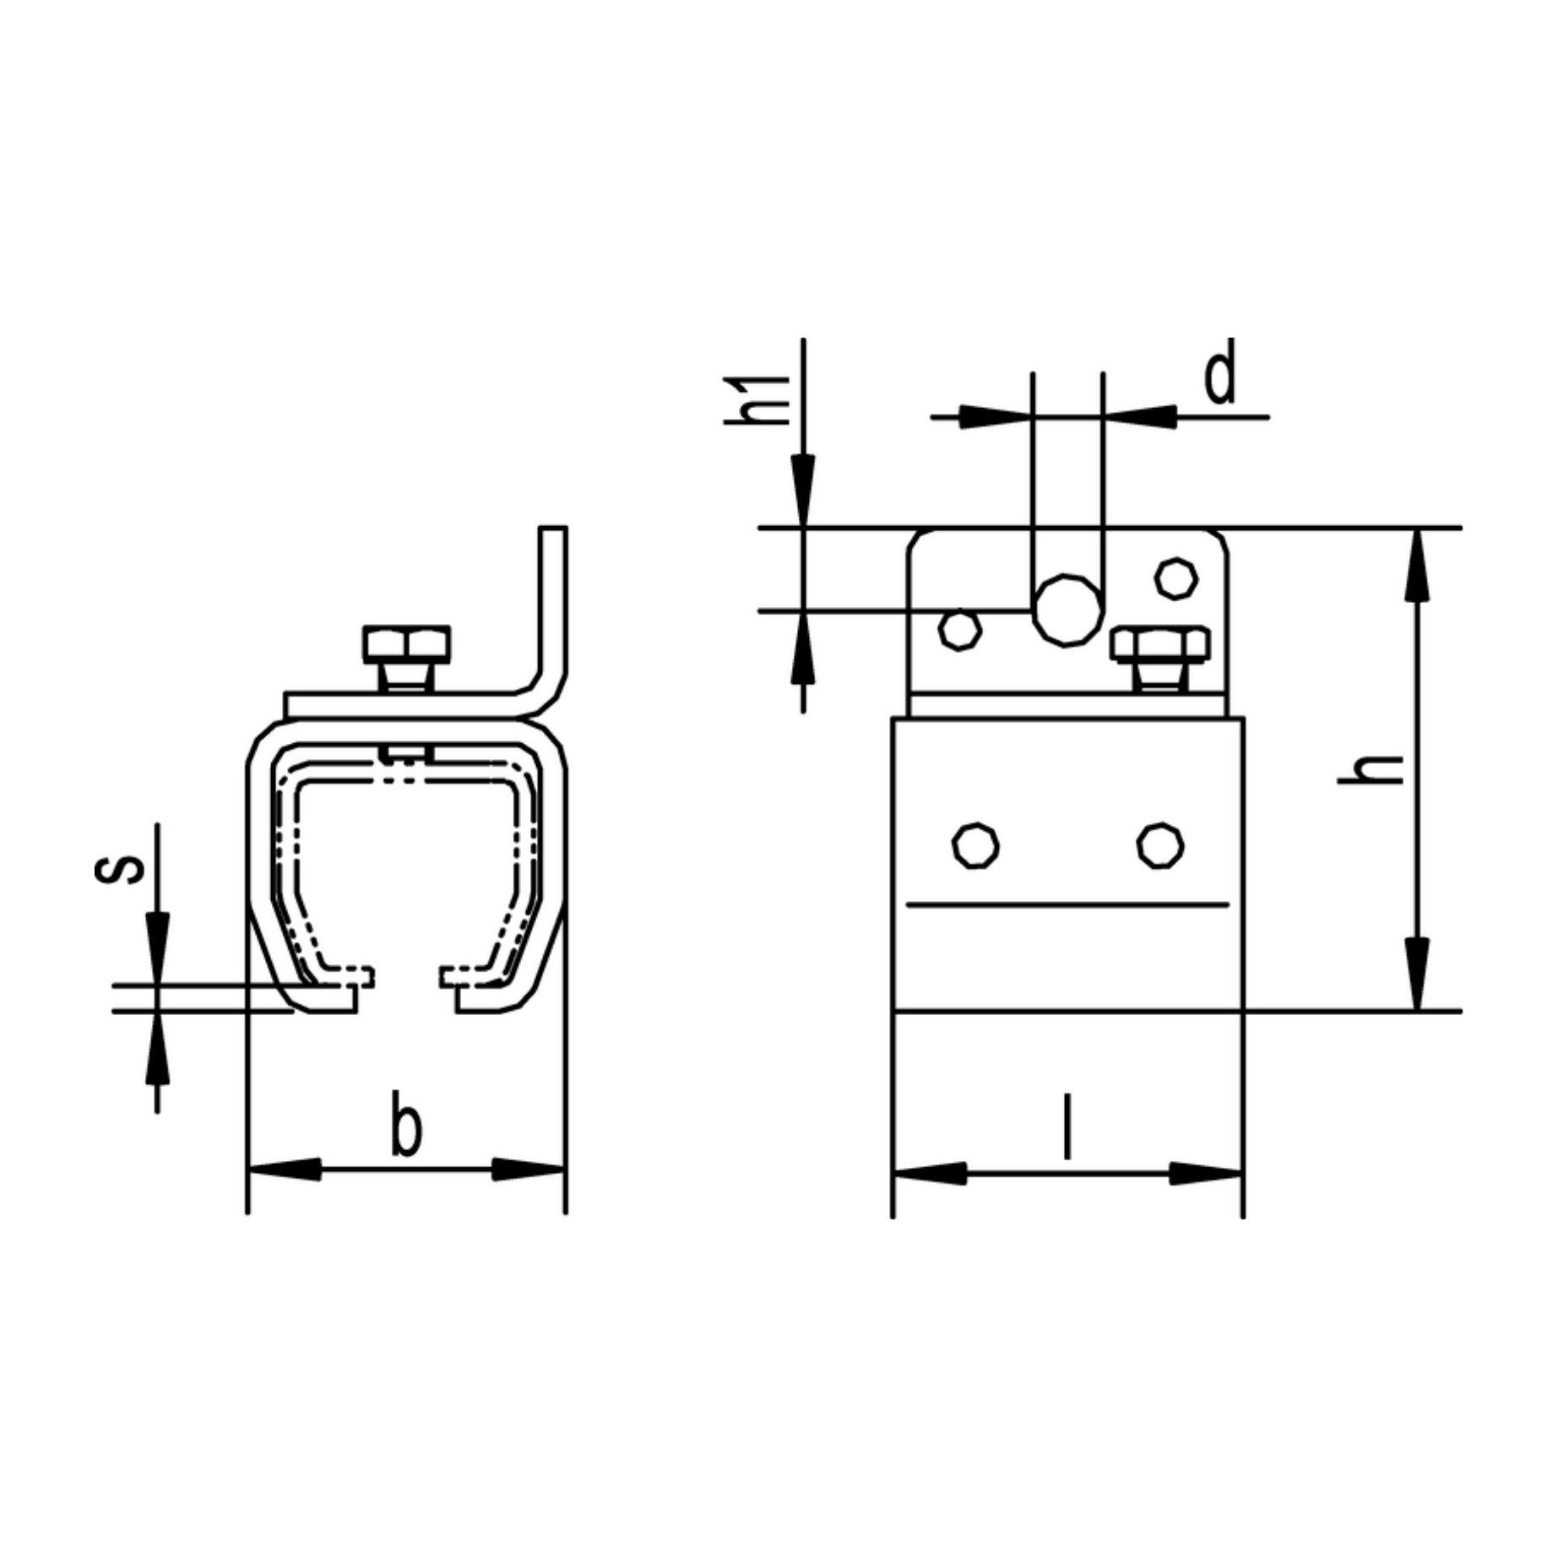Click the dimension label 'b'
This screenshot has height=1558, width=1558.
pyautogui.click(x=406, y=1123)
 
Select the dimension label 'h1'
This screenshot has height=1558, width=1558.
pyautogui.click(x=758, y=399)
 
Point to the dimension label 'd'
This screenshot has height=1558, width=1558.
pyautogui.click(x=1220, y=371)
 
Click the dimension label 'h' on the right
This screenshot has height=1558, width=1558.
pyautogui.click(x=1371, y=769)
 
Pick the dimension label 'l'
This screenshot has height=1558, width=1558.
pyautogui.click(x=1068, y=1126)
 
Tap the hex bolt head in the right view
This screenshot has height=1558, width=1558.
pyautogui.click(x=1160, y=644)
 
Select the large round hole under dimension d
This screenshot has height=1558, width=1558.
pyautogui.click(x=1068, y=610)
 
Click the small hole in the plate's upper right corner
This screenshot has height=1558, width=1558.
pyautogui.click(x=1176, y=579)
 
